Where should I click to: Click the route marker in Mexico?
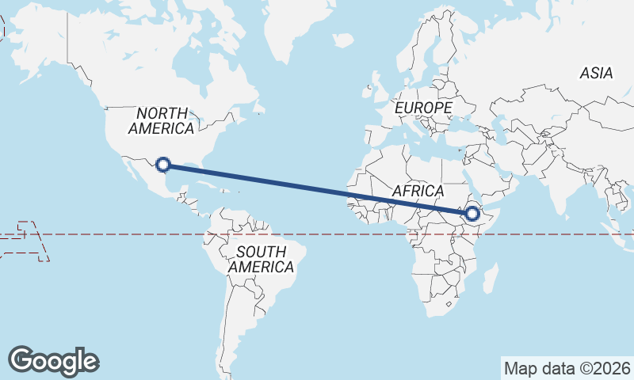pos(163,165)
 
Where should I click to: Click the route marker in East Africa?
pos(472,213)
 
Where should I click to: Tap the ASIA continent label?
pos(596,73)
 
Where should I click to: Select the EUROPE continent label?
pos(423,108)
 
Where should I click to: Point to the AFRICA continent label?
pos(418,192)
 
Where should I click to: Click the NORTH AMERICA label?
pos(161,120)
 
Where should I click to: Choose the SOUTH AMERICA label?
pos(261,260)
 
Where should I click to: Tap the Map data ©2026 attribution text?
pos(567,368)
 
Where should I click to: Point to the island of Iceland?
pos(342,39)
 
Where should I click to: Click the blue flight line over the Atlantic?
pos(301,185)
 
